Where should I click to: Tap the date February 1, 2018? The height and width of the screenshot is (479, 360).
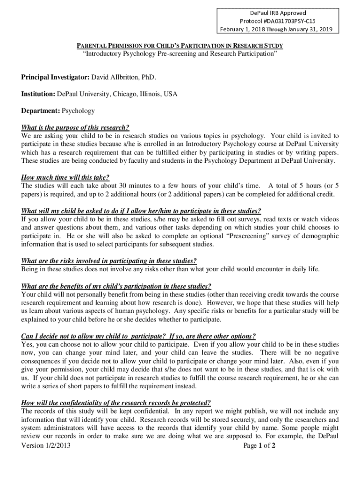[242, 30]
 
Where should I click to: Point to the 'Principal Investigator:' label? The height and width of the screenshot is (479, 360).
[55, 77]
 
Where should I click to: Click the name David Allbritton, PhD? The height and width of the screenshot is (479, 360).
[123, 77]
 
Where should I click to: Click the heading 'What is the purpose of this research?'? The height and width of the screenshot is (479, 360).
[75, 128]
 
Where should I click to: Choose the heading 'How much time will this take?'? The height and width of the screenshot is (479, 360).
[65, 177]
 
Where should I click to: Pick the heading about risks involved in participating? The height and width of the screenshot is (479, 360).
[109, 261]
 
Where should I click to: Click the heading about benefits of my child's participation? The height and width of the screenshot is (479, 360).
[116, 286]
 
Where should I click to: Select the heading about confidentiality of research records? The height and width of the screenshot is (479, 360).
[116, 403]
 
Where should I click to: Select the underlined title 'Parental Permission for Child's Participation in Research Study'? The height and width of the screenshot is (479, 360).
[180, 45]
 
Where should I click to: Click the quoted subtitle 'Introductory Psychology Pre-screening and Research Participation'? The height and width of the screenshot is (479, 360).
[180, 54]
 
